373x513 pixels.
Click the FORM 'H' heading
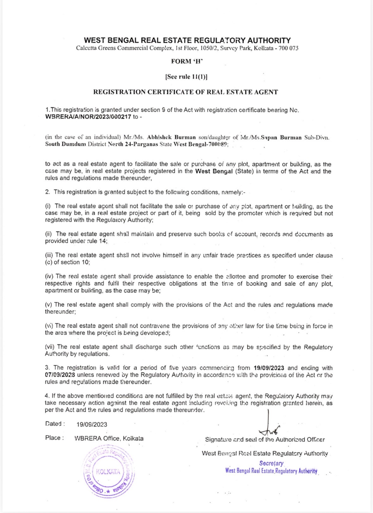click(x=187, y=61)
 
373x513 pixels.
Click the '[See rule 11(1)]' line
click(x=186, y=77)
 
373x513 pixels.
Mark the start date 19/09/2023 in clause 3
click(x=269, y=368)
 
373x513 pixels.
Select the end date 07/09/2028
click(x=60, y=375)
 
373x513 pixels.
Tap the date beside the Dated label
click(x=92, y=424)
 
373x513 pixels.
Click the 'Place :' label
click(x=55, y=438)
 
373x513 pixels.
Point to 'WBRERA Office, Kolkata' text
click(x=109, y=439)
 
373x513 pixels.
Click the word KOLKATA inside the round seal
click(x=108, y=472)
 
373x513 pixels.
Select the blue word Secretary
click(x=271, y=463)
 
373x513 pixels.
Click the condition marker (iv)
click(x=49, y=277)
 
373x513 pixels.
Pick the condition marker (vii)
click(x=50, y=347)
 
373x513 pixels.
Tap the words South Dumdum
click(x=65, y=144)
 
